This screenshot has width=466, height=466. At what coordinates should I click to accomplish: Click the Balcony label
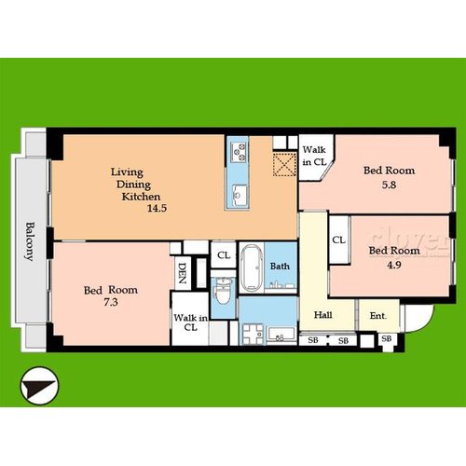30,241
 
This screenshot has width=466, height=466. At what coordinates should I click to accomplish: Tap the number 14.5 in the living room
157,208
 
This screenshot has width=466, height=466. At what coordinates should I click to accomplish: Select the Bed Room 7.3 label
111,295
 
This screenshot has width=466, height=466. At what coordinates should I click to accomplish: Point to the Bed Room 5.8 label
389,177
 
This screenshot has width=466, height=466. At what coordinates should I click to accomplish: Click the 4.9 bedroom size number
394,265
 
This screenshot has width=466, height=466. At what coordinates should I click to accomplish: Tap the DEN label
182,273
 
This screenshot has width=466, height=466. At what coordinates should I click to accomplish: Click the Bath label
280,266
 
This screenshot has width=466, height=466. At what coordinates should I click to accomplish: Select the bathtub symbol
252,268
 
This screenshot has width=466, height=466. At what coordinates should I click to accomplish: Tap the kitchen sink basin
240,193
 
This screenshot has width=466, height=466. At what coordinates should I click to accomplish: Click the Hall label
322,315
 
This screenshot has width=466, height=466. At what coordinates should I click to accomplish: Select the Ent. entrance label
377,316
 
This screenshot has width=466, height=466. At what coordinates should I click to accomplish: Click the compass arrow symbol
39,386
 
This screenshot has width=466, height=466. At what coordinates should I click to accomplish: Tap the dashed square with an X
284,164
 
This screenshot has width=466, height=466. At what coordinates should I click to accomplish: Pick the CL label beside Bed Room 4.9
338,240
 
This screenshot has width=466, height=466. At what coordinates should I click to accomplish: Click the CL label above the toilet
224,255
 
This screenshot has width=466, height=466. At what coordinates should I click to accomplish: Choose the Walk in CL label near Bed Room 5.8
314,156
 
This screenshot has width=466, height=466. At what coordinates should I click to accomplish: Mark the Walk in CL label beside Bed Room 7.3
190,322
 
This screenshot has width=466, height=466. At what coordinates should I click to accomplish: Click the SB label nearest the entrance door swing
386,338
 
